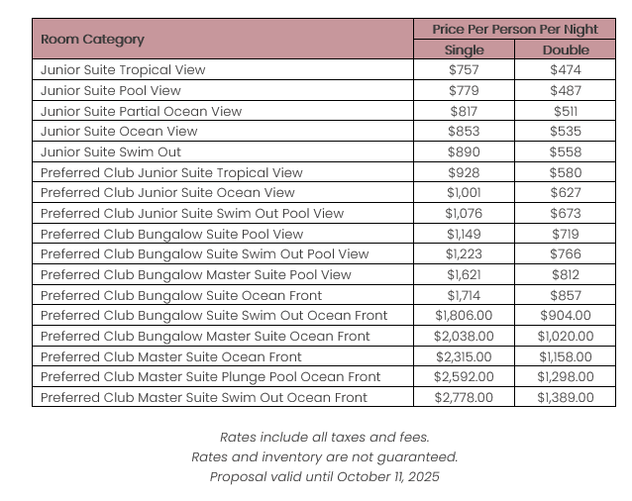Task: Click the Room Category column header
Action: coord(92,40)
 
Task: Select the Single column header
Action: coord(464,50)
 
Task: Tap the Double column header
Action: coord(566,50)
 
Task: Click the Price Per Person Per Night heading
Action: coord(514,29)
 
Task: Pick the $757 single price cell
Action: coord(464,70)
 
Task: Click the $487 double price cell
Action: coord(566,91)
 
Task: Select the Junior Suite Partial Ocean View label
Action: coord(141,111)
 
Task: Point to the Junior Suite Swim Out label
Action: coord(111,151)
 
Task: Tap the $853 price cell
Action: coord(464,132)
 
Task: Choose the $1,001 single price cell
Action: coord(464,193)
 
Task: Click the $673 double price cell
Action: coord(566,213)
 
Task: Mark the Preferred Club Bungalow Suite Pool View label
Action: coord(172,234)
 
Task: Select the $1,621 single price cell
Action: coord(464,274)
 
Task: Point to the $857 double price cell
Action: coord(566,295)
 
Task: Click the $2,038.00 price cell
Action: coord(464,336)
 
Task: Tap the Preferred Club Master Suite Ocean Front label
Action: coord(171,356)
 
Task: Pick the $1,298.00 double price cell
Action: coord(566,376)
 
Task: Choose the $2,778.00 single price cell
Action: coord(464,397)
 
